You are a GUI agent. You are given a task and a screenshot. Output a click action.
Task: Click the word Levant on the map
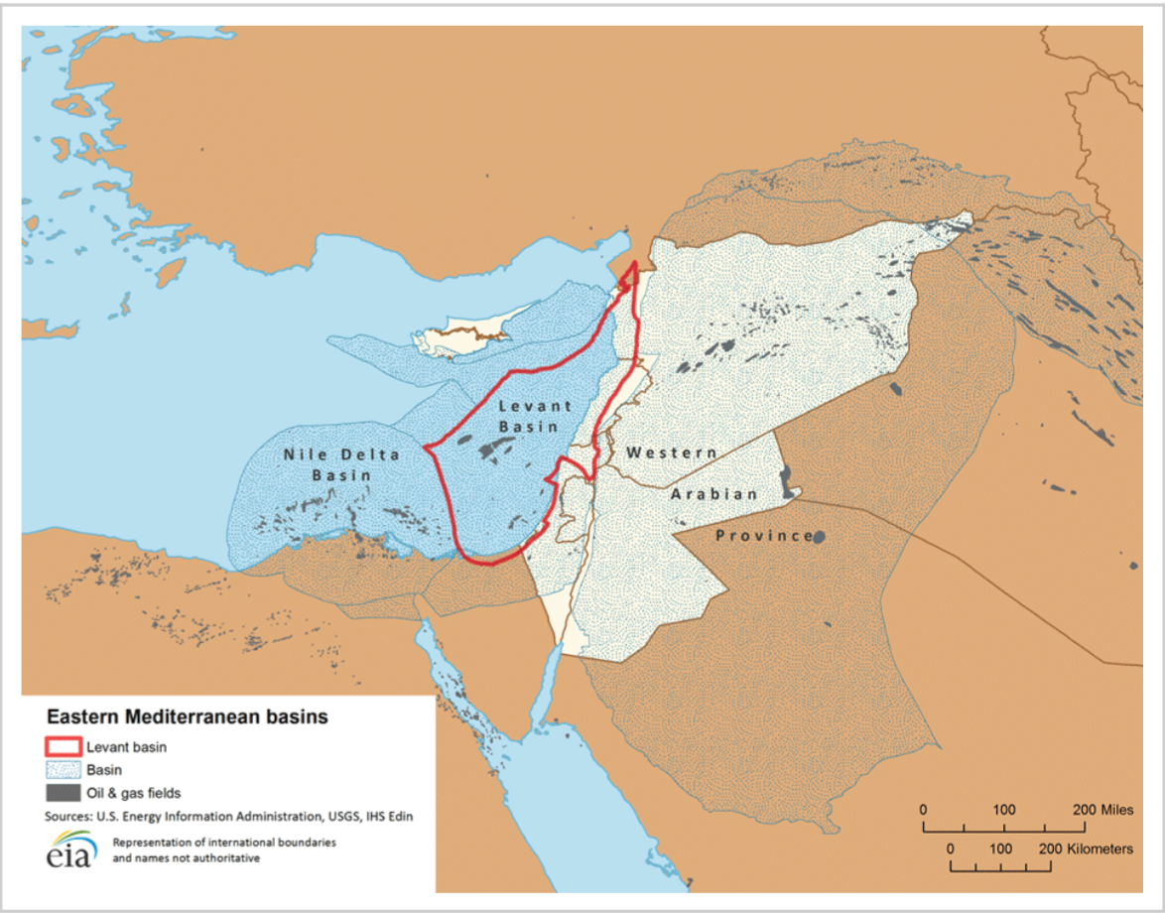535,406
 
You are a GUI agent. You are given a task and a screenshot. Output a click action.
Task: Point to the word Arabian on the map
713,494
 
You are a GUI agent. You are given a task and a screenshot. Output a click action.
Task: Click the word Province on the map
764,536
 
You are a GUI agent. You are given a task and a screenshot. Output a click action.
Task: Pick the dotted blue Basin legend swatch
62,769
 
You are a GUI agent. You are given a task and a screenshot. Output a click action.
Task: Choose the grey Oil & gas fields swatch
62,793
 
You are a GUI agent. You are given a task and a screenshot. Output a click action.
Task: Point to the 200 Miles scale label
1102,810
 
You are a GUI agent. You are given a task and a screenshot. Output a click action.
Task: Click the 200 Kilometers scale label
1088,849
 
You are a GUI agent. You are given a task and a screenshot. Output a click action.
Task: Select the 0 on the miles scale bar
924,810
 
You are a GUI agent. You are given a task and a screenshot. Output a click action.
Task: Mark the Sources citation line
227,817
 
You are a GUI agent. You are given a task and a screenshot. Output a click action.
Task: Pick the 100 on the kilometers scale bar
1001,849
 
